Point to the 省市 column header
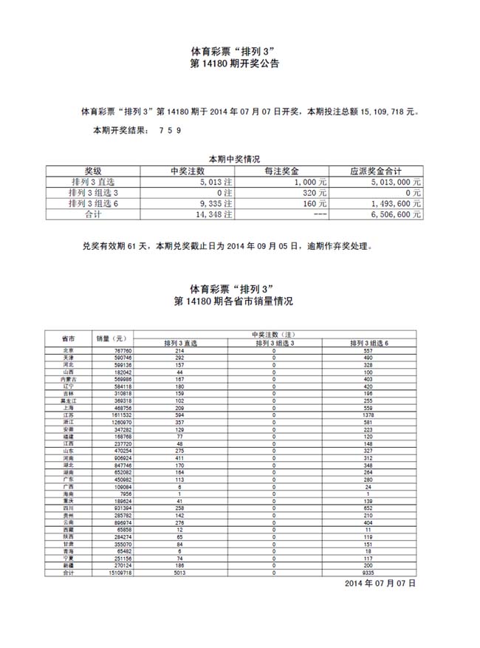pyautogui.click(x=67, y=338)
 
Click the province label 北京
pyautogui.click(x=67, y=350)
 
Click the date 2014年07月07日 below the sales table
pyautogui.click(x=380, y=584)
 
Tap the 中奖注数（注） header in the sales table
pyautogui.click(x=274, y=335)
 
